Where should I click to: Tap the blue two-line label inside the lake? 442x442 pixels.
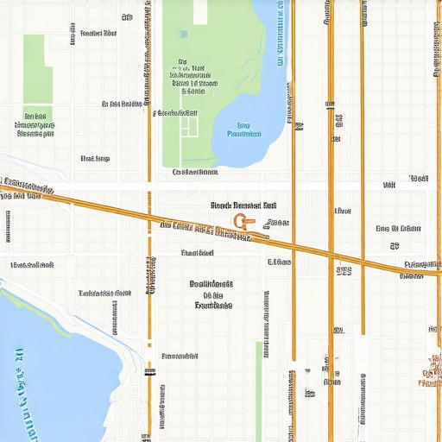point(243,129)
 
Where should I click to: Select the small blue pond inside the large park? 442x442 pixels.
point(184,34)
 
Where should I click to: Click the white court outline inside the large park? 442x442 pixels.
point(190,126)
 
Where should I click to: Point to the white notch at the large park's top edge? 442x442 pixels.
point(200,11)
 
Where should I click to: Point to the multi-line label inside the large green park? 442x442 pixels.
point(188,76)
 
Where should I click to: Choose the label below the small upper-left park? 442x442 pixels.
point(35,124)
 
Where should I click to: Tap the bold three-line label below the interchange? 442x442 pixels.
point(212,294)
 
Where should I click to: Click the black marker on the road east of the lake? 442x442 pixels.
point(299,127)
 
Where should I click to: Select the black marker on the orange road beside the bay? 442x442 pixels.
point(150,373)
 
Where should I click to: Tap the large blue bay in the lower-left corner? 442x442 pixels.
point(52,371)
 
